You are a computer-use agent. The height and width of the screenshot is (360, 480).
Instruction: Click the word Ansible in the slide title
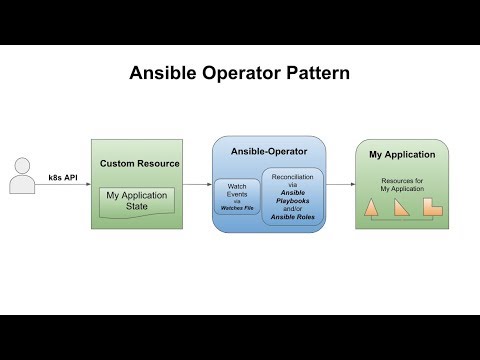pyautogui.click(x=167, y=74)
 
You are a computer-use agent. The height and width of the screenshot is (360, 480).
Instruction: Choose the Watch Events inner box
pyautogui.click(x=237, y=196)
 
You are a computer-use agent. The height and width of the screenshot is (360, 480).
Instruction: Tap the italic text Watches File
pyautogui.click(x=237, y=209)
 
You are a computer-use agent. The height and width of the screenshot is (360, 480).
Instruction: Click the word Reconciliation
pyautogui.click(x=293, y=177)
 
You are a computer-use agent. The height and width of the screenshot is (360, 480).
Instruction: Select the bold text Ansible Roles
pyautogui.click(x=293, y=220)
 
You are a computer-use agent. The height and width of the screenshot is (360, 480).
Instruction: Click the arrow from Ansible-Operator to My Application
pyautogui.click(x=341, y=185)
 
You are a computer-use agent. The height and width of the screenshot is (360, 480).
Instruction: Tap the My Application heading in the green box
pyautogui.click(x=402, y=155)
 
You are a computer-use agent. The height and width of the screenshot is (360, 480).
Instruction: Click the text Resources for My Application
pyautogui.click(x=402, y=184)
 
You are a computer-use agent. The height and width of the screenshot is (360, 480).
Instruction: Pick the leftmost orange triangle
pyautogui.click(x=371, y=207)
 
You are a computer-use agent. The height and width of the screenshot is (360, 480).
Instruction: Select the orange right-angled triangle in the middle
pyautogui.click(x=401, y=207)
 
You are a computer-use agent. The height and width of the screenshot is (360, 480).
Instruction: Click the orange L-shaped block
pyautogui.click(x=432, y=206)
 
